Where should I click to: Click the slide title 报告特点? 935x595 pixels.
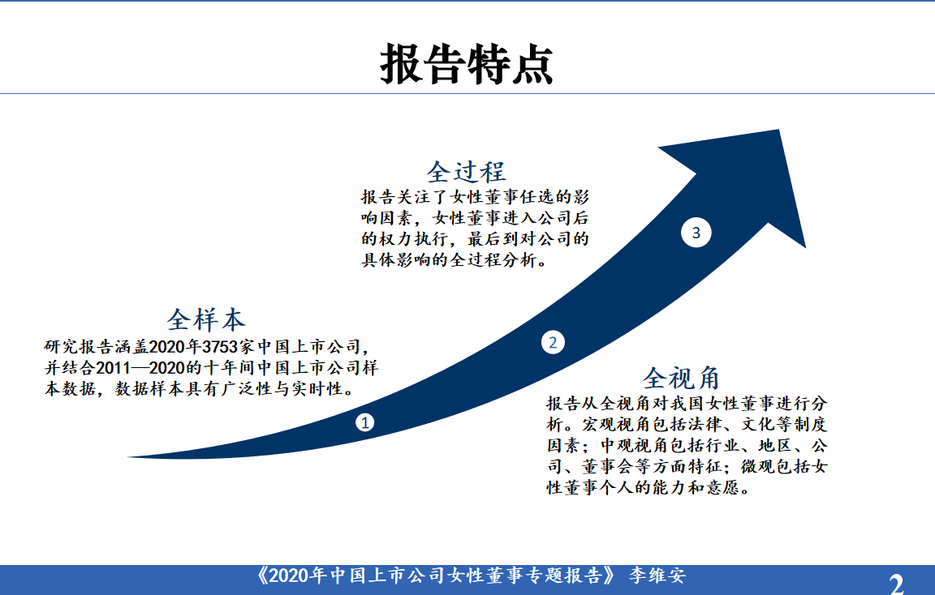tap(467, 64)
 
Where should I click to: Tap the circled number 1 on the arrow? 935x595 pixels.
tap(365, 422)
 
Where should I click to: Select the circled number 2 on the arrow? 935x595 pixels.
tap(553, 342)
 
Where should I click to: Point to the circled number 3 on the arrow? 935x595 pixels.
tap(696, 233)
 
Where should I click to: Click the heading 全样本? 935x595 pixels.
tap(206, 320)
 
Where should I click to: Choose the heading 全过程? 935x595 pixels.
tap(467, 172)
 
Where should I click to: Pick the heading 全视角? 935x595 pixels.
tap(682, 379)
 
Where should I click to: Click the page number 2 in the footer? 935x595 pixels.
tap(896, 584)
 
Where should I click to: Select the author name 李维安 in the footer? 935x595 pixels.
tap(657, 576)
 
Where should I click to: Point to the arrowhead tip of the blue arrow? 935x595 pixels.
tap(779, 130)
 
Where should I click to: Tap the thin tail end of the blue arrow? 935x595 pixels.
tap(129, 457)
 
